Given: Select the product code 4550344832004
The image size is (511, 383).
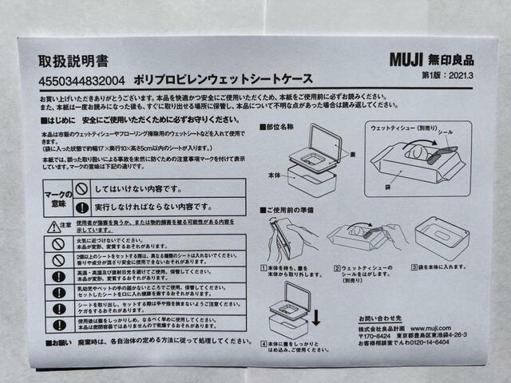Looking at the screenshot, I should pos(82,80).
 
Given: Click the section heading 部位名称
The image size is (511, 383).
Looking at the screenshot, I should pos(283,126).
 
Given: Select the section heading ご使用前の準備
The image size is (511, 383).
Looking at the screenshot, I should pos(293,208).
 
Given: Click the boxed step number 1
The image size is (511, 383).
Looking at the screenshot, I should pos(263,269).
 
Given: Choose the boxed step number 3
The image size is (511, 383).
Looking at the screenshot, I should pos(415,269).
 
